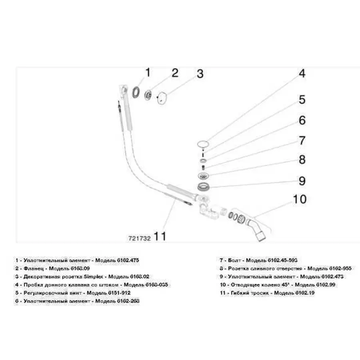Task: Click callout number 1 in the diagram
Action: pyautogui.click(x=147, y=73)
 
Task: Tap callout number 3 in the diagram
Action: pyautogui.click(x=200, y=74)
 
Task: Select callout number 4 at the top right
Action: pyautogui.click(x=302, y=74)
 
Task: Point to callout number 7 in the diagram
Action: pyautogui.click(x=302, y=140)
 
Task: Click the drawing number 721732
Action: pyautogui.click(x=139, y=237)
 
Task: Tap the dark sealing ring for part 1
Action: pyautogui.click(x=136, y=92)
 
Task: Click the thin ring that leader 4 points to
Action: pyautogui.click(x=203, y=144)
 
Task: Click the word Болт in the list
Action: pyautogui.click(x=234, y=260)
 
